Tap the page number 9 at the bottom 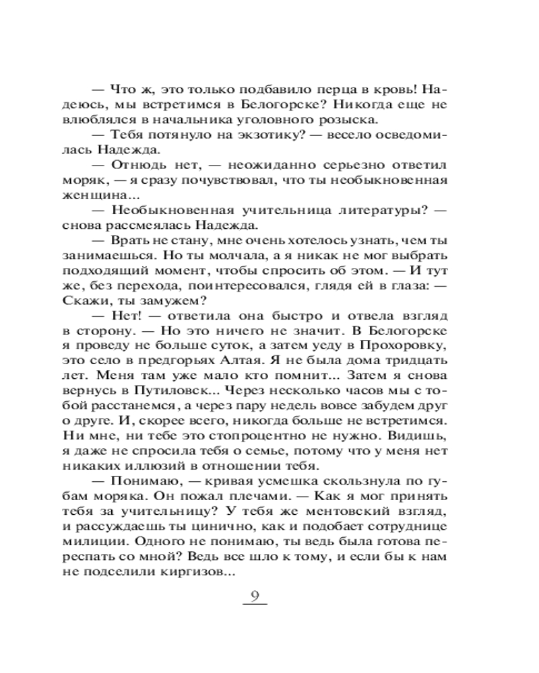click(x=254, y=595)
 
